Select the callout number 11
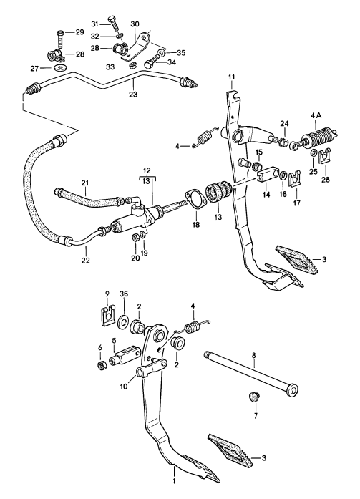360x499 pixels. point(230,77)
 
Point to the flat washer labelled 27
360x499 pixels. point(57,68)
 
